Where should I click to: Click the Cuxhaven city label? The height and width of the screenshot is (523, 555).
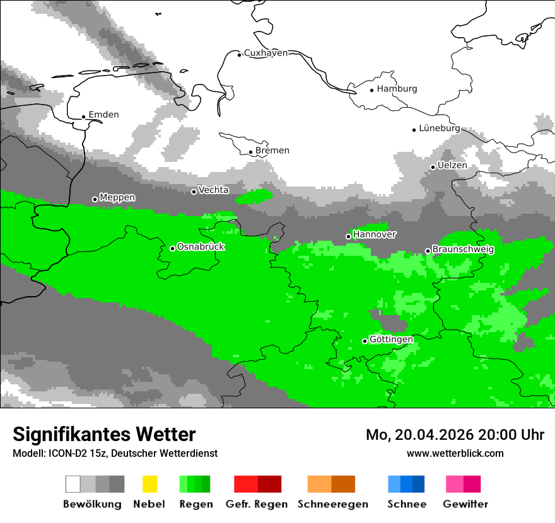[266, 53]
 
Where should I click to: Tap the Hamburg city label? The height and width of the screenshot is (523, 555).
[397, 89]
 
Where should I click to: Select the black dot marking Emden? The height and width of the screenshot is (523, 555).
[83, 117]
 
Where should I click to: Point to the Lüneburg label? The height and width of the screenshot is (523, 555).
[439, 128]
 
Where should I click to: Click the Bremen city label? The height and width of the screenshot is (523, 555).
[272, 151]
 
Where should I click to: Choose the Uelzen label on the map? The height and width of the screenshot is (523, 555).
[452, 165]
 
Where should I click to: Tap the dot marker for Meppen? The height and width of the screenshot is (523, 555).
[95, 199]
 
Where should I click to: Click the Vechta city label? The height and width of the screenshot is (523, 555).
[213, 190]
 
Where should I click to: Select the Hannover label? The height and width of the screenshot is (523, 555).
[375, 234]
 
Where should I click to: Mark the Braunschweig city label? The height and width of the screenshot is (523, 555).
[463, 250]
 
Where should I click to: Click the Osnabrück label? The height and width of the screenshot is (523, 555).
[201, 246]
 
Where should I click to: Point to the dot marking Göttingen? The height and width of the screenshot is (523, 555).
[365, 341]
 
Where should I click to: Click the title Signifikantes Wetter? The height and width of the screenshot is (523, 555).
[104, 434]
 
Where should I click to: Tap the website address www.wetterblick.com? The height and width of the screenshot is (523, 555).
[455, 453]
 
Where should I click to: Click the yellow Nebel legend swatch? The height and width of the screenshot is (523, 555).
[149, 484]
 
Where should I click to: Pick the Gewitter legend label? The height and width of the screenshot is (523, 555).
[465, 504]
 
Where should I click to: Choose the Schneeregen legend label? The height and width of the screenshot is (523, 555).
[332, 504]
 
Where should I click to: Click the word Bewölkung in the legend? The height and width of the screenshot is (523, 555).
[92, 504]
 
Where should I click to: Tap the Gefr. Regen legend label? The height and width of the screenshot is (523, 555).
[257, 504]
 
